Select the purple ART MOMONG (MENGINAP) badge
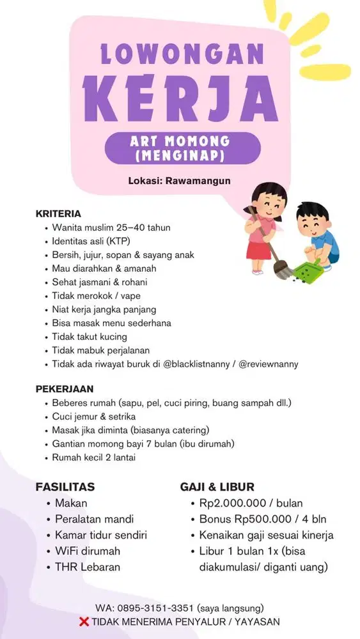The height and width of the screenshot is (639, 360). (x=182, y=148)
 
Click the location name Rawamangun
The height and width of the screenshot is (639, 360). (x=198, y=181)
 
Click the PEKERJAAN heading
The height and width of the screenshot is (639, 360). (x=65, y=389)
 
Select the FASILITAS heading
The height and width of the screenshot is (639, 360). (x=65, y=486)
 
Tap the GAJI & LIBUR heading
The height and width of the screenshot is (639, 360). (x=217, y=486)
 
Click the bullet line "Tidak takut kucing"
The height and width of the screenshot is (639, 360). (x=90, y=337)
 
